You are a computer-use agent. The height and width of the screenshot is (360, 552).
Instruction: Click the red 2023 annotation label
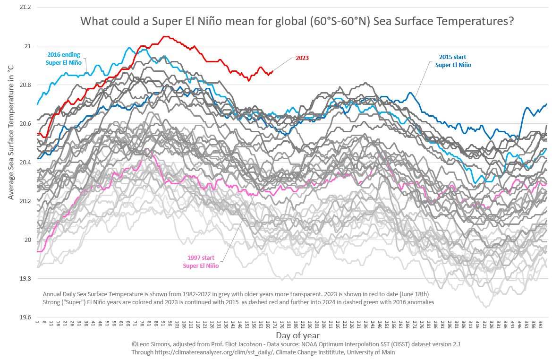pos(302,58)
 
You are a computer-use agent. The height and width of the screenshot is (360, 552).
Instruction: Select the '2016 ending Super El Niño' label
pos(64,58)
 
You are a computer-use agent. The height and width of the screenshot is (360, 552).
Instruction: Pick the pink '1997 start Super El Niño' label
pos(201,262)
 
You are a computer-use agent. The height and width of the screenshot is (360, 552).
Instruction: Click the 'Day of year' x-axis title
pos(295,335)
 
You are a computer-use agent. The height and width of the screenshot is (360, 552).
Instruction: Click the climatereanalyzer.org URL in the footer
pos(184,352)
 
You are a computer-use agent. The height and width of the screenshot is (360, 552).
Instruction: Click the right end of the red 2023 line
pos(272,71)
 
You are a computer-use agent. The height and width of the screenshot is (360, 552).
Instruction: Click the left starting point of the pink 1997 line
pos(37,251)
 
